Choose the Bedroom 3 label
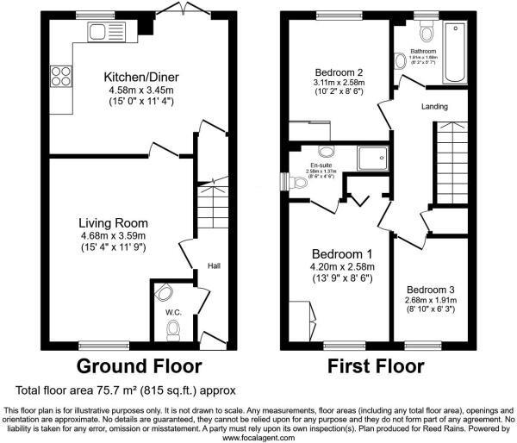tap(431, 289)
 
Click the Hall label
tap(215, 265)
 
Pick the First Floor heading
tap(375, 365)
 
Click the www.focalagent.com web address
tap(258, 437)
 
